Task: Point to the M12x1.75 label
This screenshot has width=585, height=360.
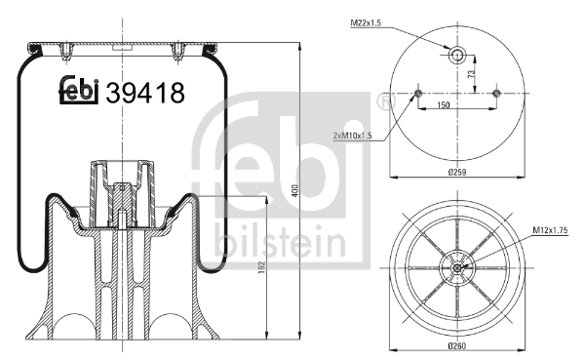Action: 549,230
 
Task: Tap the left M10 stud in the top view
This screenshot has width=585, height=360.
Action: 418,93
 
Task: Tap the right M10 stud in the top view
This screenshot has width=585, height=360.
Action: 495,93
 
